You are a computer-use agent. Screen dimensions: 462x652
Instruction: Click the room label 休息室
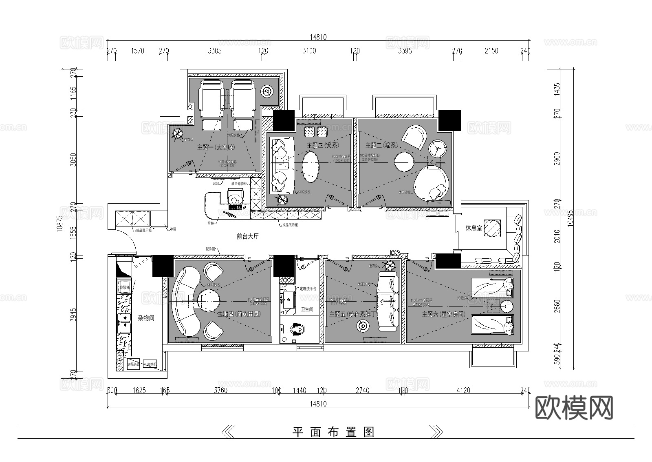[474, 228]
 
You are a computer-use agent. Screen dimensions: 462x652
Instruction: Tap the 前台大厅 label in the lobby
[248, 236]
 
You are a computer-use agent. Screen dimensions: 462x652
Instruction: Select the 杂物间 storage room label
[146, 318]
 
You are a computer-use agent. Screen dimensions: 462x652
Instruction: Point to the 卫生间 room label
[307, 310]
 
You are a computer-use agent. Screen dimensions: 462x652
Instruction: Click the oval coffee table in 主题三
[311, 167]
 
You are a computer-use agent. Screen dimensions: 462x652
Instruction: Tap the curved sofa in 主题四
[183, 302]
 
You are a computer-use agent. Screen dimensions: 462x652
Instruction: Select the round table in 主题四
[209, 301]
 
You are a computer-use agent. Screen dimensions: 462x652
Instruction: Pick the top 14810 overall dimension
[318, 37]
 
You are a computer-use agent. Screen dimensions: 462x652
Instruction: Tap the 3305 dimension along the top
[215, 51]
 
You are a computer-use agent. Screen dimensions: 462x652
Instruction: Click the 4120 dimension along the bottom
[463, 391]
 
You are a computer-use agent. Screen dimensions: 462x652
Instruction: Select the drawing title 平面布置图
[333, 432]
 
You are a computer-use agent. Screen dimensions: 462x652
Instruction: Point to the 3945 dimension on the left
[73, 315]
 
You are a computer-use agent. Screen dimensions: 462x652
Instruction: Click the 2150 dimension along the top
[492, 51]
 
